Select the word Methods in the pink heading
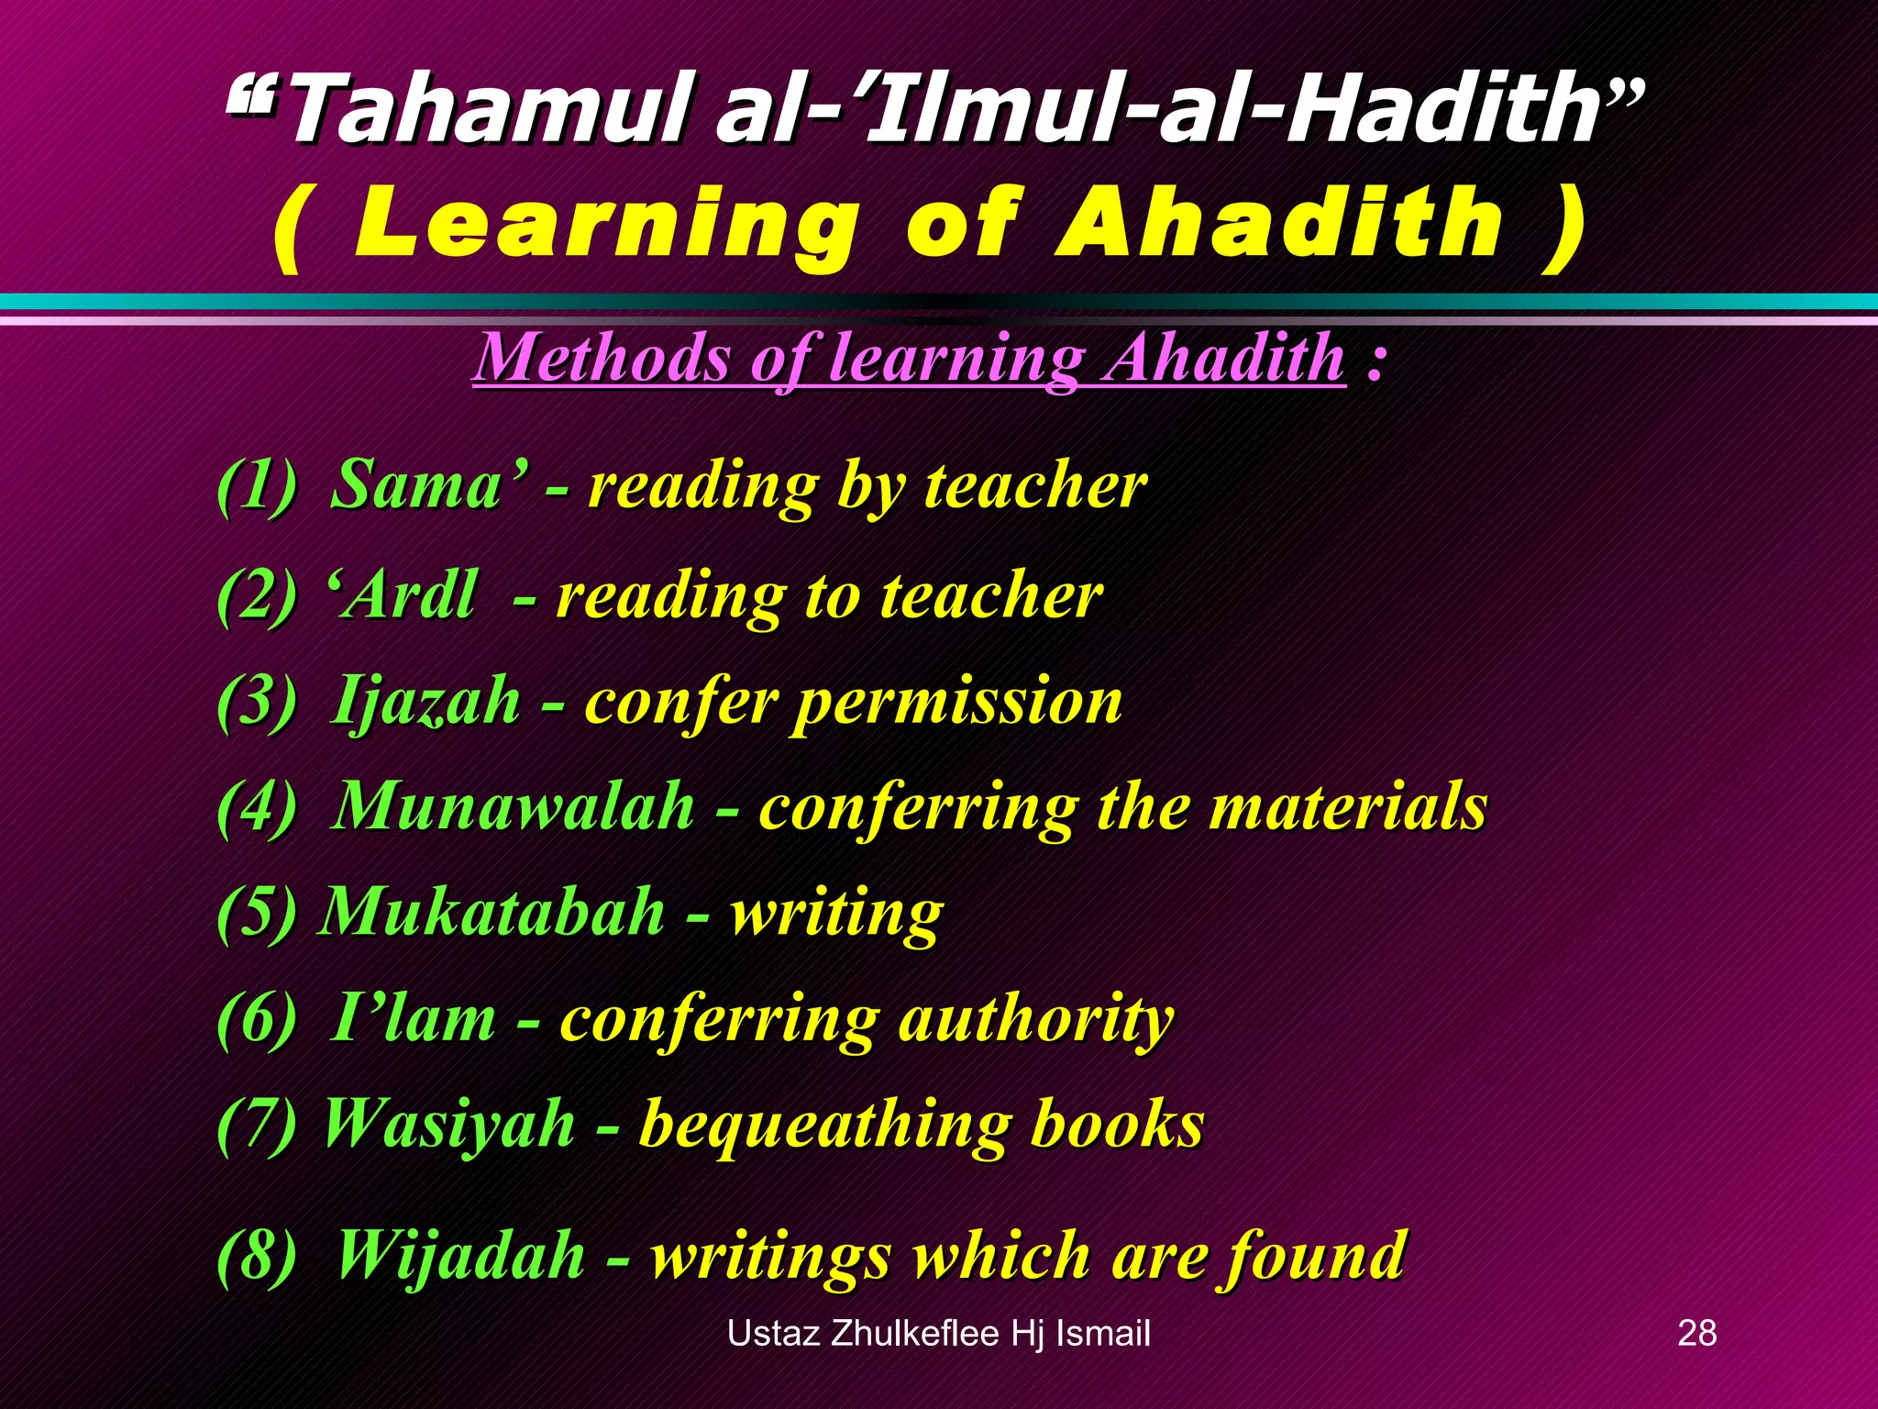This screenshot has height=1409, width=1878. pos(605,358)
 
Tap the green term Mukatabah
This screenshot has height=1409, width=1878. pos(492,913)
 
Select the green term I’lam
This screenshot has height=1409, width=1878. pos(413,1018)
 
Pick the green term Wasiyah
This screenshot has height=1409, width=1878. pos(449,1124)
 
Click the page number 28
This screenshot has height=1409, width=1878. pos(1696,1333)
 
